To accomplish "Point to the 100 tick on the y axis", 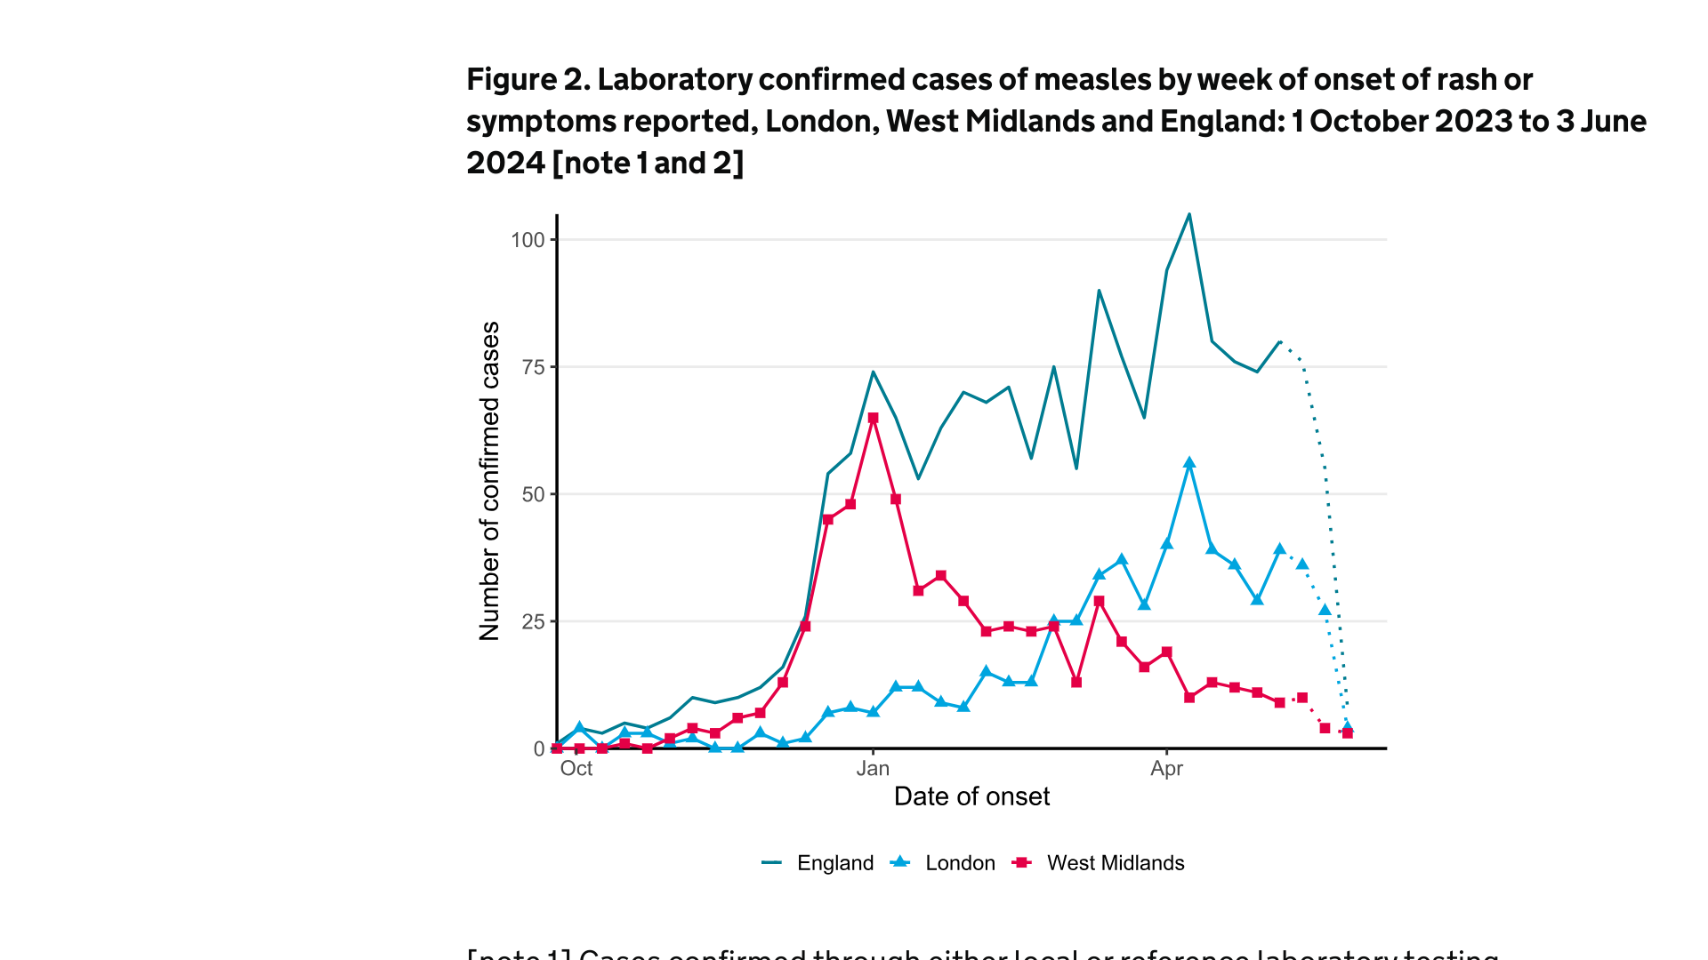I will pyautogui.click(x=528, y=240).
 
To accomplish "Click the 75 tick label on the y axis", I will pyautogui.click(x=534, y=367).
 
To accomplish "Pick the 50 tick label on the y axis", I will pyautogui.click(x=534, y=494).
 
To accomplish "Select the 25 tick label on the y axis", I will pyautogui.click(x=534, y=621).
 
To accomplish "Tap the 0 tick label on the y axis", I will pyautogui.click(x=539, y=749).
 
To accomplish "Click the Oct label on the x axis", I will pyautogui.click(x=576, y=769).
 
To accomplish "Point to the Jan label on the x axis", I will pyautogui.click(x=873, y=769).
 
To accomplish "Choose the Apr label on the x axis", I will pyautogui.click(x=1166, y=769).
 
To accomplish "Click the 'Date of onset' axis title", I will pyautogui.click(x=971, y=796).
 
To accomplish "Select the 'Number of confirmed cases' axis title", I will pyautogui.click(x=490, y=481).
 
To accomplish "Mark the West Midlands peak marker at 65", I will pyautogui.click(x=873, y=418).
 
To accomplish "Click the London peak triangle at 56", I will pyautogui.click(x=1189, y=463).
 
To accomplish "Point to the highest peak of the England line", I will pyautogui.click(x=1189, y=214).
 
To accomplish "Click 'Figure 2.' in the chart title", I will pyautogui.click(x=528, y=80).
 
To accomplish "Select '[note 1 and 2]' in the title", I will pyautogui.click(x=648, y=164).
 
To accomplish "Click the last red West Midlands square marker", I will pyautogui.click(x=1348, y=733).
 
